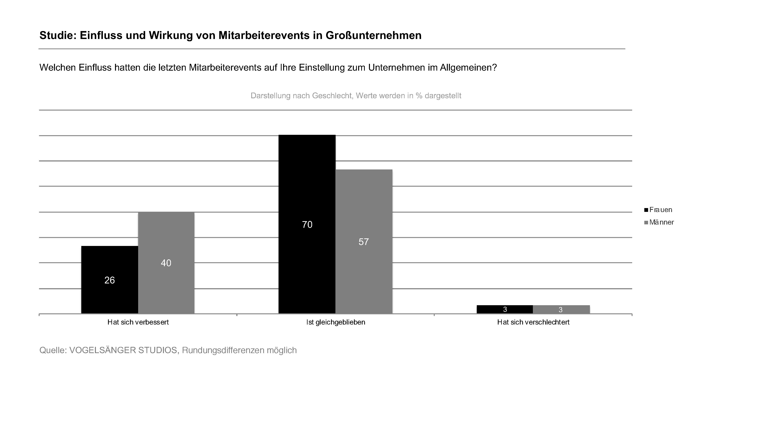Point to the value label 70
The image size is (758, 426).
coord(307,225)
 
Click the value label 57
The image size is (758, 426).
coord(364,242)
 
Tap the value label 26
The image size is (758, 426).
coord(110,280)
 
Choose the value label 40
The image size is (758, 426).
coord(166,263)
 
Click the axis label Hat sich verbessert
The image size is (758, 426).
coord(138,322)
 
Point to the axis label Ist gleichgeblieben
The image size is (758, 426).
coord(335,322)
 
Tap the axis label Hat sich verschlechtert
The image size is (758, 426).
coord(533,322)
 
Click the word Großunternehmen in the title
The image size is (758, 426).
coord(373,35)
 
